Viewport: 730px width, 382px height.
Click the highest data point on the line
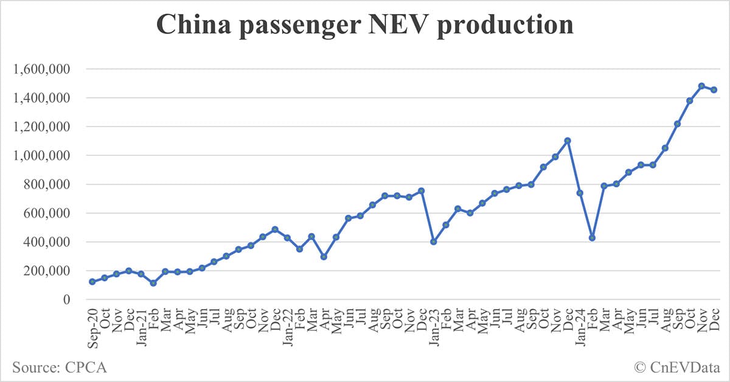coord(701,86)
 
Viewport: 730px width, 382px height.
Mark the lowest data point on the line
coord(153,283)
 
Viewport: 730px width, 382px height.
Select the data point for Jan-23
coord(434,241)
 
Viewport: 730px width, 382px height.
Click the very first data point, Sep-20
coord(92,282)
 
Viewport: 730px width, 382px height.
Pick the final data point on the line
coord(714,89)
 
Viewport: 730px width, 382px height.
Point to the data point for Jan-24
coord(580,193)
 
